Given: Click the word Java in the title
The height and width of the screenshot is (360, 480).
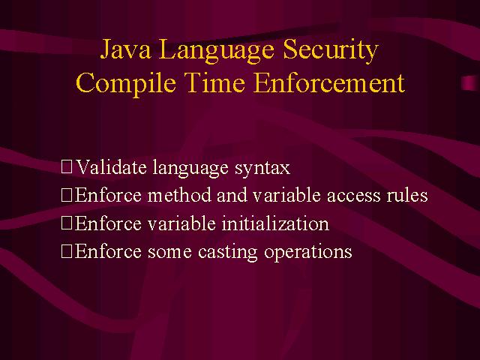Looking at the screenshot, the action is coord(125,49).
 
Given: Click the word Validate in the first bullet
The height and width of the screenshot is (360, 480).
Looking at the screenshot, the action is coord(111,167).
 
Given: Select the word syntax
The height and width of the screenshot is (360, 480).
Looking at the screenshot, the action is coord(262,169).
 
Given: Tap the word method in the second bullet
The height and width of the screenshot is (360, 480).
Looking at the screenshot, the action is coord(179,195).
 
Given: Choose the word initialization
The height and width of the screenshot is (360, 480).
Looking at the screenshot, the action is coord(275,223).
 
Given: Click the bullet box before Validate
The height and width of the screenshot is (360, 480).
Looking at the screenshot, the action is coord(67,166).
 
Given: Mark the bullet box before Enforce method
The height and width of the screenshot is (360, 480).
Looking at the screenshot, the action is coord(67,195).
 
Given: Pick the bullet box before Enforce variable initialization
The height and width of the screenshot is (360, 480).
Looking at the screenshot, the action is coord(67,223).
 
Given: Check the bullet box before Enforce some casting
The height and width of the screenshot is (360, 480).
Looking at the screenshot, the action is coord(67,251).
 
